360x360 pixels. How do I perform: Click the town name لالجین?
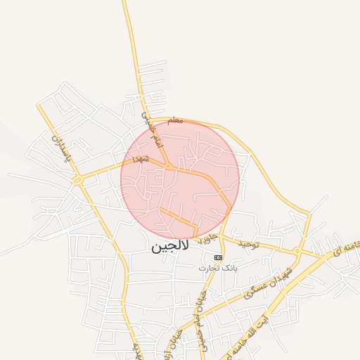(169, 247)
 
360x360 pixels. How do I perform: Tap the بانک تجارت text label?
(218, 268)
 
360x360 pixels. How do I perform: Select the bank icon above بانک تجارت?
(218, 257)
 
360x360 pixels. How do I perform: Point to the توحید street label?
(248, 244)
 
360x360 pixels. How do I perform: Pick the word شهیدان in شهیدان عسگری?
(277, 275)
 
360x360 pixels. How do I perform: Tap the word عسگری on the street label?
(253, 290)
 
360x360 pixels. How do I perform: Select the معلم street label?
(175, 121)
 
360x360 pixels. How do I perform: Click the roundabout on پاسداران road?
(77, 181)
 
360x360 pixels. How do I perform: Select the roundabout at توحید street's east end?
(299, 251)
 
